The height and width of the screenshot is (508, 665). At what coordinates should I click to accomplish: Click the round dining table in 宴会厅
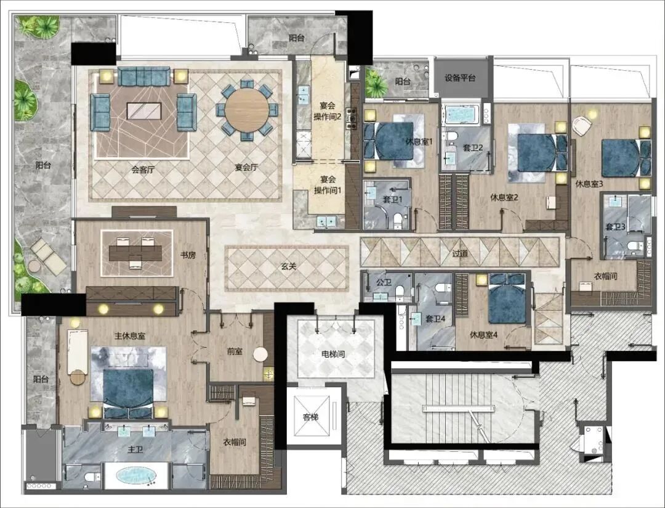pos(246,110)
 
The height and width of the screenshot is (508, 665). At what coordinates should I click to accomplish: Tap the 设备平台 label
pos(460,78)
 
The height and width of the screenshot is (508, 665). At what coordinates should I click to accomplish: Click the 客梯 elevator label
pos(310,417)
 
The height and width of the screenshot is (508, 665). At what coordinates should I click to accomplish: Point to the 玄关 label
pos(288,266)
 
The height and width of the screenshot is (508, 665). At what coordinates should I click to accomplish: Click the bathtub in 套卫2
pos(462,114)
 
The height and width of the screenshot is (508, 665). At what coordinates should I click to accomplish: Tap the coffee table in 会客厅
pos(143,111)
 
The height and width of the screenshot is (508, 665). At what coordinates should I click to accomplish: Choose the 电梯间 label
pos(333,354)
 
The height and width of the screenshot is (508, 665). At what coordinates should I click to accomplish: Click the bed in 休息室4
pos(507,298)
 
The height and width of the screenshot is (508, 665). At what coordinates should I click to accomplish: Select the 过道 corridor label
pos(460,253)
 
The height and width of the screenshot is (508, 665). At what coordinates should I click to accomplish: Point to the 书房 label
pos(188,255)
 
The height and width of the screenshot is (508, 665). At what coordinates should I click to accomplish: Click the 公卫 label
pos(384,282)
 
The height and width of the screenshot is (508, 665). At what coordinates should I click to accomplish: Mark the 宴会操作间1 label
pos(328,185)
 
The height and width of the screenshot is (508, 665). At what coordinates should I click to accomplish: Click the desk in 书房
pos(135,253)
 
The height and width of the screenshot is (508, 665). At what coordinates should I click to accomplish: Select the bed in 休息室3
pos(626,158)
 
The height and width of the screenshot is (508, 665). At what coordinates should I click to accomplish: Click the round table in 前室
pos(260,354)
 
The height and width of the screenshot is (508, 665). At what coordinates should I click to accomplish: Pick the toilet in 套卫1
pos(398,220)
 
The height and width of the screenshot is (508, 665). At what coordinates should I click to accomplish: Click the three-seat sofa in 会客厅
pos(143,76)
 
